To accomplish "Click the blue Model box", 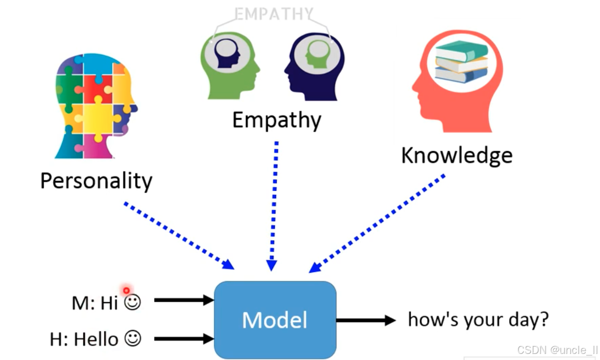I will point(275,320).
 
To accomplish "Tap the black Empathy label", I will point(277,120).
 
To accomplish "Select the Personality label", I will point(96,181).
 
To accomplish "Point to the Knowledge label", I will point(457,155).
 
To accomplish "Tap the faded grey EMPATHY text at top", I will point(274,14).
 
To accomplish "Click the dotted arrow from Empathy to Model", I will point(274,206).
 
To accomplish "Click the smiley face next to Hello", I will point(133,339).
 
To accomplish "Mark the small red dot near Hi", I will point(126,290).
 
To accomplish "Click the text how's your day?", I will point(478,320).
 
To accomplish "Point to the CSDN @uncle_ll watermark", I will point(557,350).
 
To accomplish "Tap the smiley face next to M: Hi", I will point(133,302).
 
